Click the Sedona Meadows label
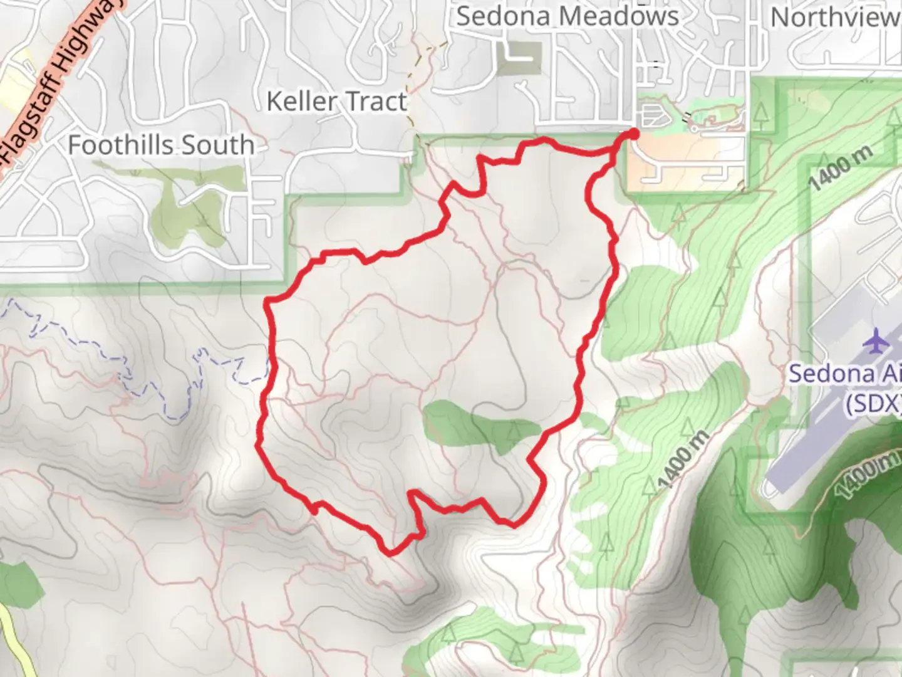pyautogui.click(x=567, y=16)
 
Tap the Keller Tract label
pyautogui.click(x=336, y=101)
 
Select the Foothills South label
pyautogui.click(x=161, y=145)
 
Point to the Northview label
pyautogui.click(x=835, y=18)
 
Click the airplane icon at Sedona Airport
pyautogui.click(x=876, y=342)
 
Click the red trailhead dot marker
pyautogui.click(x=633, y=134)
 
